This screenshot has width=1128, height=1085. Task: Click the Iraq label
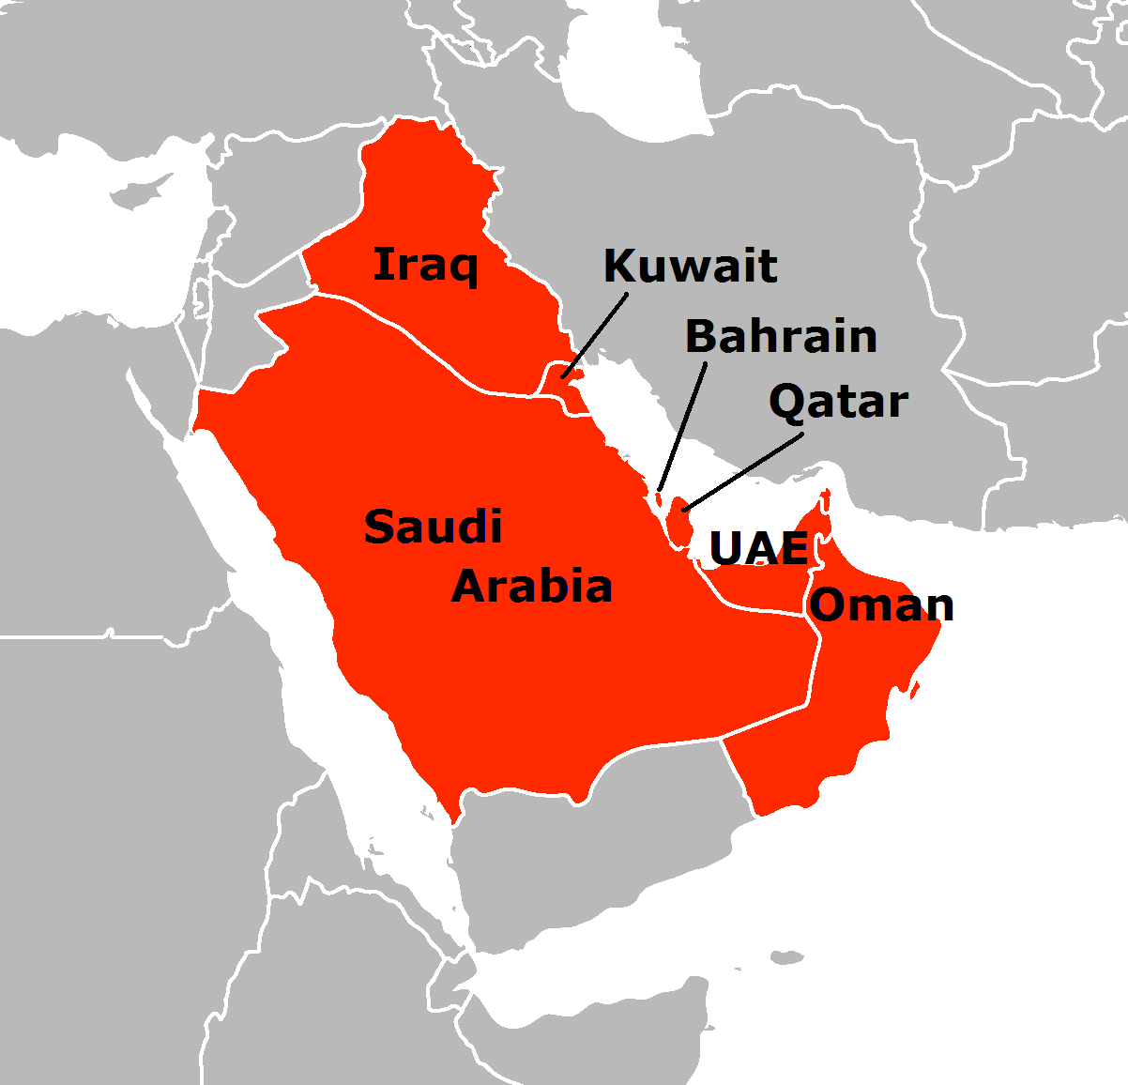pyautogui.click(x=425, y=266)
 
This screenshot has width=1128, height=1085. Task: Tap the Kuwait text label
pyautogui.click(x=690, y=267)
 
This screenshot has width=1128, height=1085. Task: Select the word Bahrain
pyautogui.click(x=781, y=336)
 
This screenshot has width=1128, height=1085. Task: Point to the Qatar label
pyautogui.click(x=838, y=402)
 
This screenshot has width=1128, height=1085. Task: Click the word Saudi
pyautogui.click(x=433, y=527)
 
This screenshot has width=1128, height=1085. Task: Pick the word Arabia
pyautogui.click(x=532, y=587)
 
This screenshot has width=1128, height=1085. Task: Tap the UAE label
pyautogui.click(x=758, y=549)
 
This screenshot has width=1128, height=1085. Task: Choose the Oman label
pyautogui.click(x=881, y=605)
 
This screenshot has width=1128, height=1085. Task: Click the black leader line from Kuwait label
pyautogui.click(x=596, y=334)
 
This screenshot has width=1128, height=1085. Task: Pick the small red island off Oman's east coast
pyautogui.click(x=914, y=691)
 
